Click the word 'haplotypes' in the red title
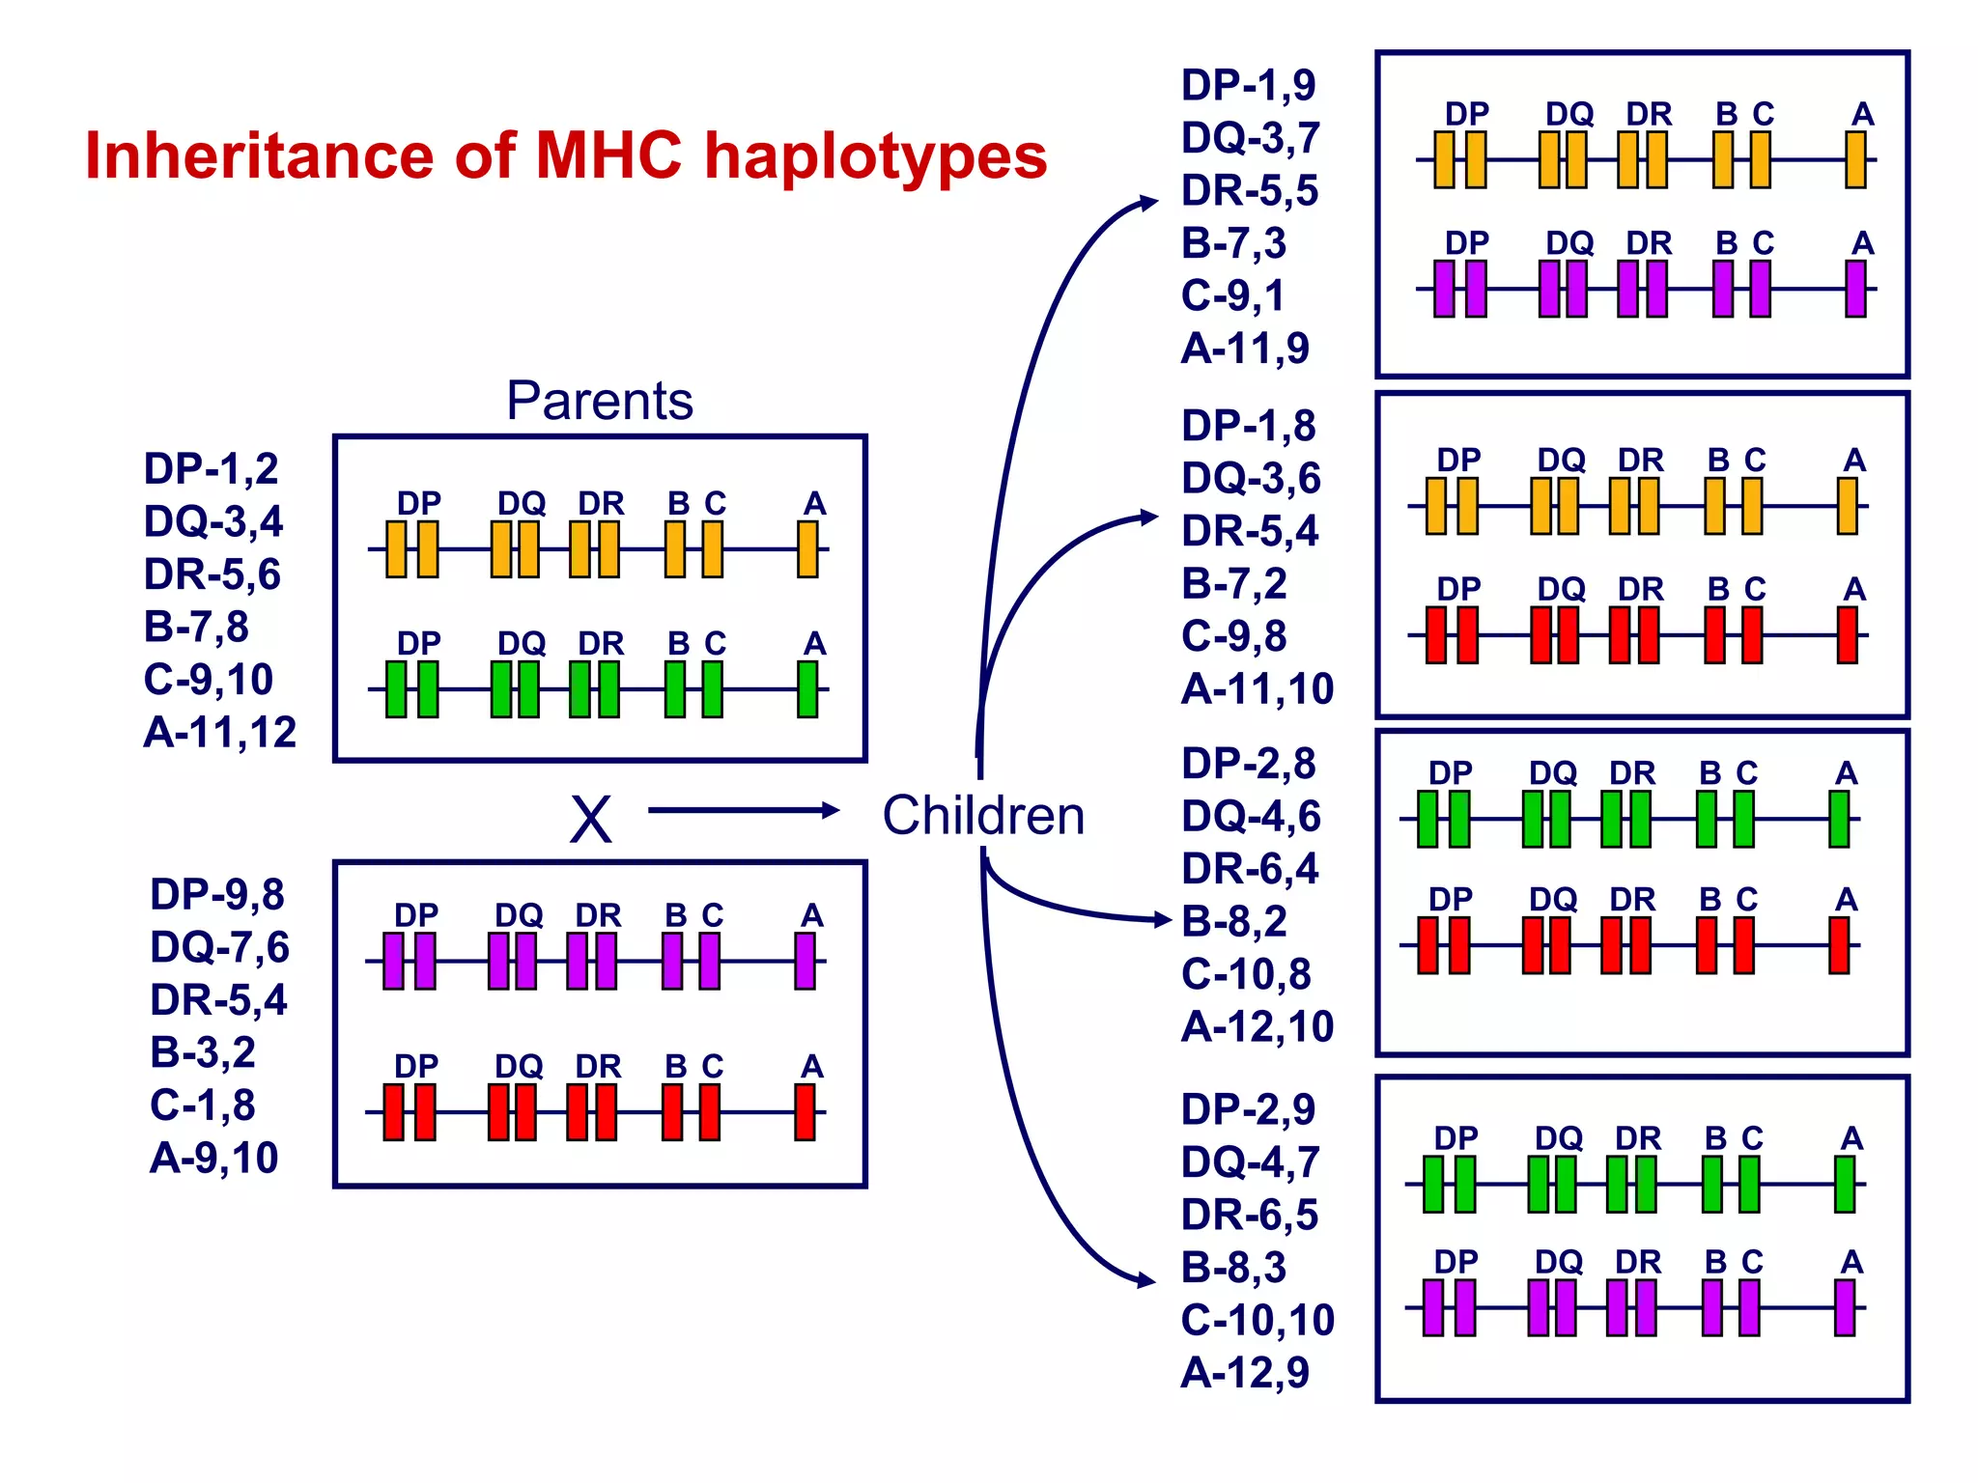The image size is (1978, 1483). (875, 156)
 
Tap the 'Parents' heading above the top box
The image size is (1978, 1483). (599, 401)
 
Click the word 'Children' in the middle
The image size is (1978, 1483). (983, 816)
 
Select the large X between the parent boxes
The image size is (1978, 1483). (590, 821)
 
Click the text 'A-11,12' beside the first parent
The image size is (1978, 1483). (219, 733)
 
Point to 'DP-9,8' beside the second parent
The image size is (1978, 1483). (217, 895)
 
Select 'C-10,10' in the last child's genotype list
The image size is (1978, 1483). (1257, 1320)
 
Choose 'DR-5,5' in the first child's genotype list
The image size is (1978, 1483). (1249, 191)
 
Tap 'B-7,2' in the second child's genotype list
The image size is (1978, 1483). (1233, 584)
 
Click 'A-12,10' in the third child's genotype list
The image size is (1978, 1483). (1257, 1026)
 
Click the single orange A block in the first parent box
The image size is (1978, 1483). (808, 549)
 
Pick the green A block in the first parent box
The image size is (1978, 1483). (808, 689)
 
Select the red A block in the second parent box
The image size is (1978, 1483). (805, 1112)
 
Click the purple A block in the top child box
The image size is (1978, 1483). (1855, 289)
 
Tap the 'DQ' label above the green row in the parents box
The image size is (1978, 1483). (522, 643)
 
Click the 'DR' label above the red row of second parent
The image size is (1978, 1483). (598, 1066)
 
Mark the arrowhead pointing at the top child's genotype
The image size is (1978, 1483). (1148, 203)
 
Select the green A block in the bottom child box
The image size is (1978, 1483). (1845, 1184)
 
